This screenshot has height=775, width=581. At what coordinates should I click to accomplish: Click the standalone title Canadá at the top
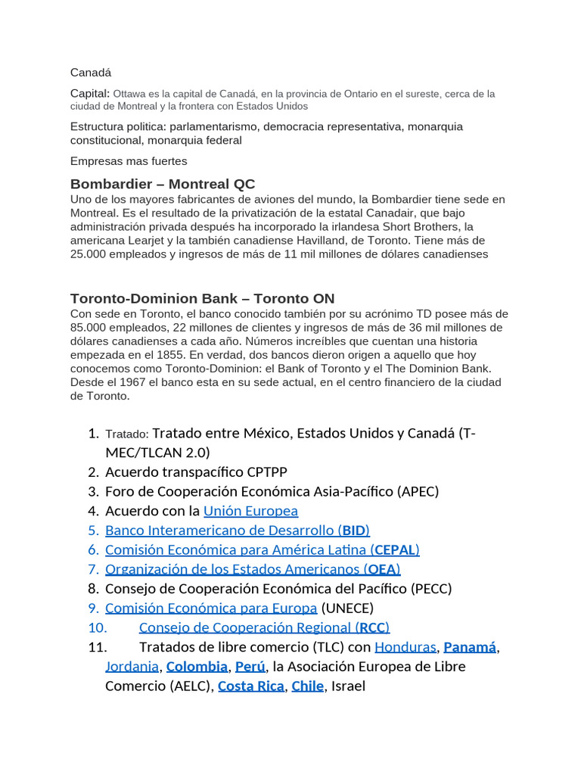[90, 73]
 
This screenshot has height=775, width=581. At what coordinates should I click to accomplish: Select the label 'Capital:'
[90, 93]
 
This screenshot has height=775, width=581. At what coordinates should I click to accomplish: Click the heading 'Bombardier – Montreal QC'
[163, 184]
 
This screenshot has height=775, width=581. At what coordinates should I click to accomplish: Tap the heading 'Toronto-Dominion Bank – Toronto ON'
[202, 298]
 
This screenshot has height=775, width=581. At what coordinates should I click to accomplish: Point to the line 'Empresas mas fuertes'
[129, 160]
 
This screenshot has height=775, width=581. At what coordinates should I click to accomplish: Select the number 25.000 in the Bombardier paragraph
[89, 254]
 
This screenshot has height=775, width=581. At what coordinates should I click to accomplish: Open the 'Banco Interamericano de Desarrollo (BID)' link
[238, 530]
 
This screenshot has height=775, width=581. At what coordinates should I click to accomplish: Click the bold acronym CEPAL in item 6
[394, 549]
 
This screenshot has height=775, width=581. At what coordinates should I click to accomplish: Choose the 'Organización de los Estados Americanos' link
[232, 569]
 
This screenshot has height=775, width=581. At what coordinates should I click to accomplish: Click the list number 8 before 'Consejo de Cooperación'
[93, 589]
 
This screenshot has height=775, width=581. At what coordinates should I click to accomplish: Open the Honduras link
[405, 647]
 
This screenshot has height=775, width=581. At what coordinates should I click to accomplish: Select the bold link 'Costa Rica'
[250, 686]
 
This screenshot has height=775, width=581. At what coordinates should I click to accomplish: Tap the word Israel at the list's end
[348, 686]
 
